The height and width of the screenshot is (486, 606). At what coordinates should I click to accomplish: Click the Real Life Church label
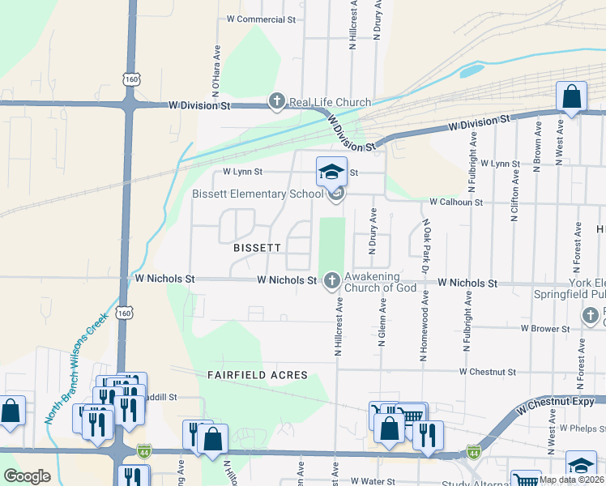point(330,102)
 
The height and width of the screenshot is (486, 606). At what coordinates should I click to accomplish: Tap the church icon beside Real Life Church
point(276,102)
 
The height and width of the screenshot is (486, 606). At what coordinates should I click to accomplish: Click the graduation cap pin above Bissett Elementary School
point(331,173)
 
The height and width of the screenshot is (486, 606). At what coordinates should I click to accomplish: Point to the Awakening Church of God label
point(381,282)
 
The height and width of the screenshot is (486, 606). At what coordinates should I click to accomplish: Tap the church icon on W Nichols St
point(331,281)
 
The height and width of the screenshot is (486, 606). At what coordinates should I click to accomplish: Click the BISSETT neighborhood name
point(257,247)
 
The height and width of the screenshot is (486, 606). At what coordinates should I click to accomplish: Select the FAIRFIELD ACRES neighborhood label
point(257,375)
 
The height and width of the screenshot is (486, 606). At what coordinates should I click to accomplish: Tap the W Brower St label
point(545,328)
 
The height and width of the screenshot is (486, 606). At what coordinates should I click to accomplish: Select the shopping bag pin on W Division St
point(571,98)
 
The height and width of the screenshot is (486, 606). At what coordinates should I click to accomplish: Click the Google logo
point(27,476)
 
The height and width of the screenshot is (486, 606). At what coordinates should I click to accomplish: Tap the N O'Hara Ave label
point(216,66)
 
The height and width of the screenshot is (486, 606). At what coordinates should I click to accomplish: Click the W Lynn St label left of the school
point(243,172)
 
